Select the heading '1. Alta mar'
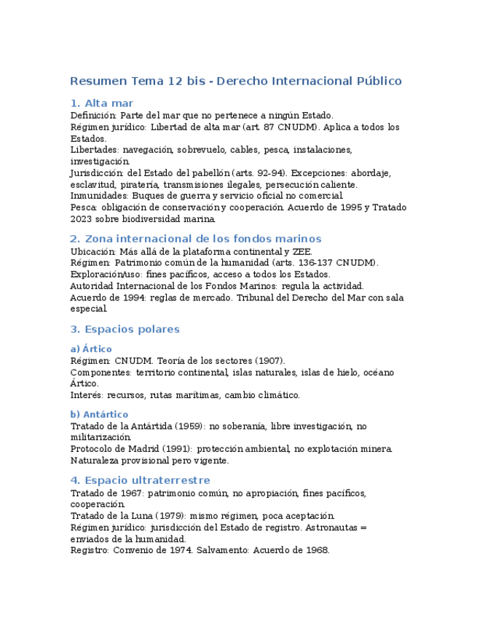[x=102, y=103]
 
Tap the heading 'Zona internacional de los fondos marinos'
[x=203, y=239]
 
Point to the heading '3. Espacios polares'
[x=125, y=329]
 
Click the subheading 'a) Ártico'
[x=91, y=349]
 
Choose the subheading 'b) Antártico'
[x=99, y=415]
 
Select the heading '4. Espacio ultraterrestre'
[x=140, y=480]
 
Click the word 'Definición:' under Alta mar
[x=93, y=115]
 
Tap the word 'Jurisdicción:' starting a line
[x=98, y=173]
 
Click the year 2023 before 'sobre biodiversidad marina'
[x=81, y=219]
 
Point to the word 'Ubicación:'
[x=93, y=252]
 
